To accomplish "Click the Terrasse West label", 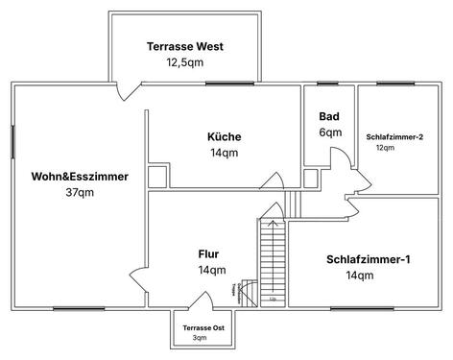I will tap(185, 45).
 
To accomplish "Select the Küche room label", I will tap(224, 136).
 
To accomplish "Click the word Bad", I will tap(329, 117).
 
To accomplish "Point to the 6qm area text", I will tap(329, 132).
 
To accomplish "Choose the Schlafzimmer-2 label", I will tap(394, 136).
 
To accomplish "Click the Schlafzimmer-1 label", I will tap(369, 259).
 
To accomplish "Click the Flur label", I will tap(208, 254).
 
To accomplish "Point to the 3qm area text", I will tap(200, 338).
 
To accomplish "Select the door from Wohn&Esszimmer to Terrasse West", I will tap(123, 91).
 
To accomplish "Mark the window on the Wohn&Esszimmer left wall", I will tap(12, 143).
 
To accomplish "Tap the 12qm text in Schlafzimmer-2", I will tap(385, 149).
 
